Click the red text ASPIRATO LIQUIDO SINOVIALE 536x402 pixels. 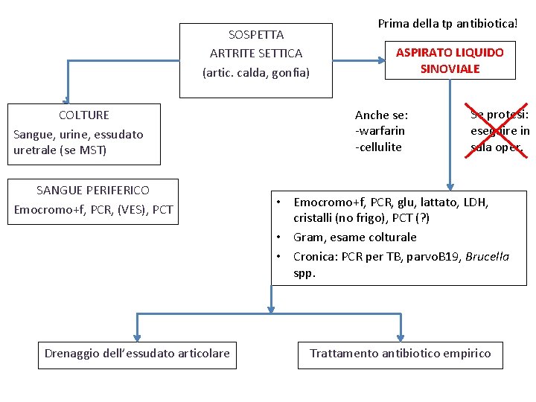coord(450,60)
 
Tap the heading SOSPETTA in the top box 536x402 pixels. coord(256,34)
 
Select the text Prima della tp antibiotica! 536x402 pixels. coord(447,23)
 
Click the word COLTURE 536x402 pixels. coord(84,115)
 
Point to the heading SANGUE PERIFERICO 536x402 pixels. coord(93,190)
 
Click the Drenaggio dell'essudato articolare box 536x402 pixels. coord(137,353)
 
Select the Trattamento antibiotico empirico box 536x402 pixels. coord(401,353)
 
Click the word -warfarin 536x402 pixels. coord(380,131)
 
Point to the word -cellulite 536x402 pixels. coord(378,147)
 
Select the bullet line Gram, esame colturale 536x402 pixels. coord(354,237)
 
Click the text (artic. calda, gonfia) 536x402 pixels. coord(256,73)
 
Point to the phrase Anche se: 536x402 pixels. coord(381,115)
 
